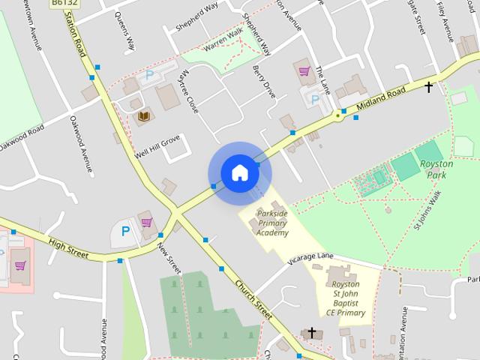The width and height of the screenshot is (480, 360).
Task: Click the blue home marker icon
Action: click(x=239, y=172)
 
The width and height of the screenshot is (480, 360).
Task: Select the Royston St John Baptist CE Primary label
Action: click(x=346, y=298)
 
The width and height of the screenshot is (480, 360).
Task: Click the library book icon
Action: click(x=144, y=116)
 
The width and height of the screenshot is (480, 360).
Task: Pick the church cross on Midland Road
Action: click(x=428, y=87)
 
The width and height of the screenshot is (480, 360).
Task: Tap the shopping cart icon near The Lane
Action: click(x=304, y=71)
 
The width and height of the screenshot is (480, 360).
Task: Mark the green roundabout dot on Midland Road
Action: click(x=338, y=116)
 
